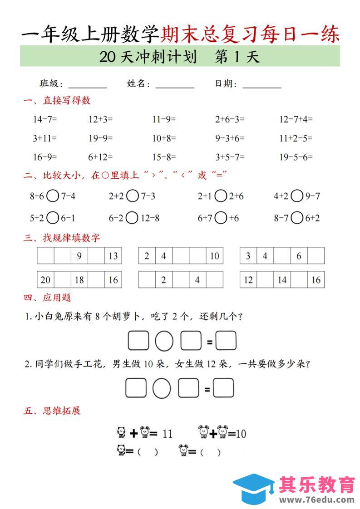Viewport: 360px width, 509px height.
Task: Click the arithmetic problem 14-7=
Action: pyautogui.click(x=44, y=119)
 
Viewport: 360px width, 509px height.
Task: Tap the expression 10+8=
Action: pyautogui.click(x=164, y=138)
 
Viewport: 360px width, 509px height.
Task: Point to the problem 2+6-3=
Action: pyautogui.click(x=230, y=119)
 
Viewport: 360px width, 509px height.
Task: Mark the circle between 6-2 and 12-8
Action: pyautogui.click(x=132, y=218)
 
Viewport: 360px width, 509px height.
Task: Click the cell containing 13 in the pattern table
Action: pyautogui.click(x=113, y=256)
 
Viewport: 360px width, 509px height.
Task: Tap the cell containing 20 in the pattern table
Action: pyautogui.click(x=45, y=279)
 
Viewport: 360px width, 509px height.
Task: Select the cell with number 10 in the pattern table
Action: pyautogui.click(x=214, y=256)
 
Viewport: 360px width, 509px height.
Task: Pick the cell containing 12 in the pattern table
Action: pyautogui.click(x=248, y=279)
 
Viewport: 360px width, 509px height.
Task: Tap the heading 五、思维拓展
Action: pyautogui.click(x=52, y=411)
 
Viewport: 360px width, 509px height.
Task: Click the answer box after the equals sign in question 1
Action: pyautogui.click(x=226, y=341)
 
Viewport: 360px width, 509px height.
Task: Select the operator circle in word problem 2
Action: pyautogui.click(x=161, y=388)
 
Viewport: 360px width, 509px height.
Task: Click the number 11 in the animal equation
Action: pyautogui.click(x=167, y=434)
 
